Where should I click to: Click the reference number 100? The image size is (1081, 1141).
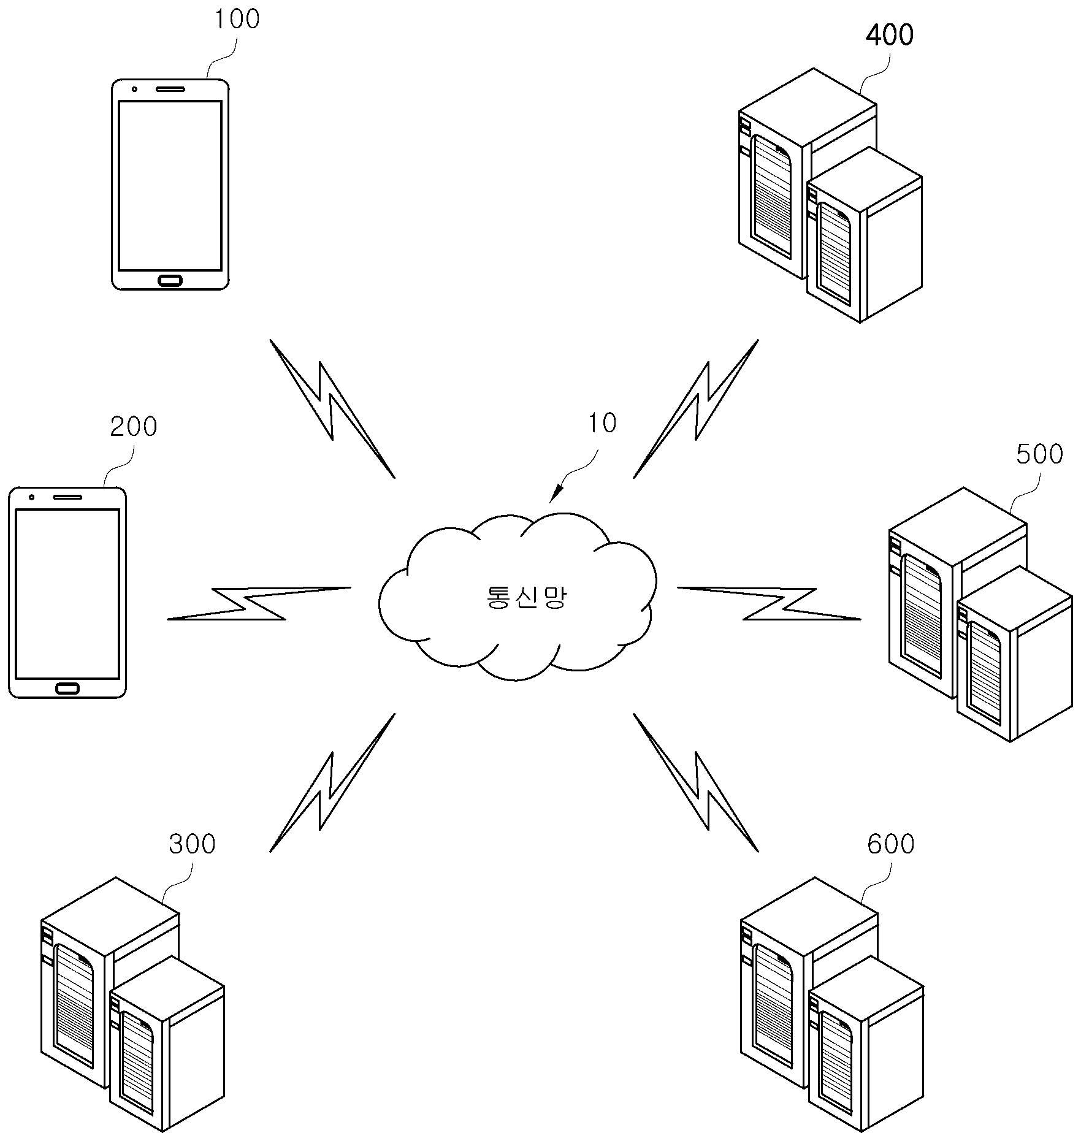click(x=237, y=19)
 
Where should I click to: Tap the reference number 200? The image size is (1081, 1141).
click(x=134, y=426)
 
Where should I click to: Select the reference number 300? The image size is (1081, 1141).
click(x=193, y=844)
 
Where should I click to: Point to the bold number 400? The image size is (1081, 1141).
click(x=889, y=35)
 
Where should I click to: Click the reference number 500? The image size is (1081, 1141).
click(x=1039, y=454)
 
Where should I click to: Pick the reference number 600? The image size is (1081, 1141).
click(x=891, y=844)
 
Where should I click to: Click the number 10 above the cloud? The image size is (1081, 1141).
click(x=602, y=423)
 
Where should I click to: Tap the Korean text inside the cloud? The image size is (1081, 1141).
click(x=524, y=597)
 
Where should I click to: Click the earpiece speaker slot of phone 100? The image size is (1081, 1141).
click(x=170, y=88)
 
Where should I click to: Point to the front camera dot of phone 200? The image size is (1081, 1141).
click(x=31, y=497)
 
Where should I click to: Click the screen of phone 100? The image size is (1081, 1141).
click(x=170, y=186)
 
